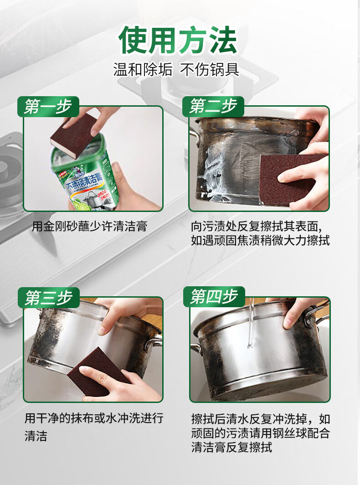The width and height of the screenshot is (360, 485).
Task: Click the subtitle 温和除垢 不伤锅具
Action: coord(176,70)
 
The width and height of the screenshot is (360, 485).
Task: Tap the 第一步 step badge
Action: coord(48,107)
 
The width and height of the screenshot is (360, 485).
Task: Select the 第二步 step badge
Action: coord(213,107)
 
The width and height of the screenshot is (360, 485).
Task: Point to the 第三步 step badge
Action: coord(48,298)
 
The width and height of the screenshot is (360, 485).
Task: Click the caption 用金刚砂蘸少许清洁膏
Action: coord(90,226)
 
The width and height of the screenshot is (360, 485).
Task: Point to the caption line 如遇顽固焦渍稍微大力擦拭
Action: coord(260,240)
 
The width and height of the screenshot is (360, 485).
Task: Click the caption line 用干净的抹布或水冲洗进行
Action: coord(94,418)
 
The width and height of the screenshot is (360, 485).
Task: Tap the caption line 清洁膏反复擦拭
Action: coord(231,447)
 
